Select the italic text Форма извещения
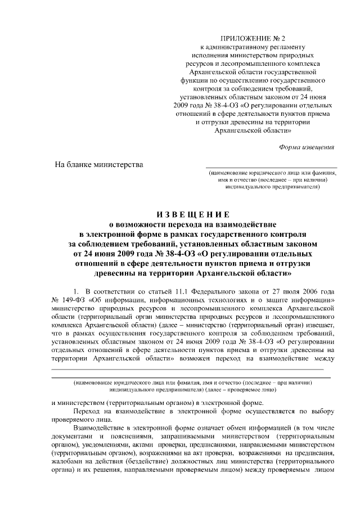coord(307,147)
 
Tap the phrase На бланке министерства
coord(98,164)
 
